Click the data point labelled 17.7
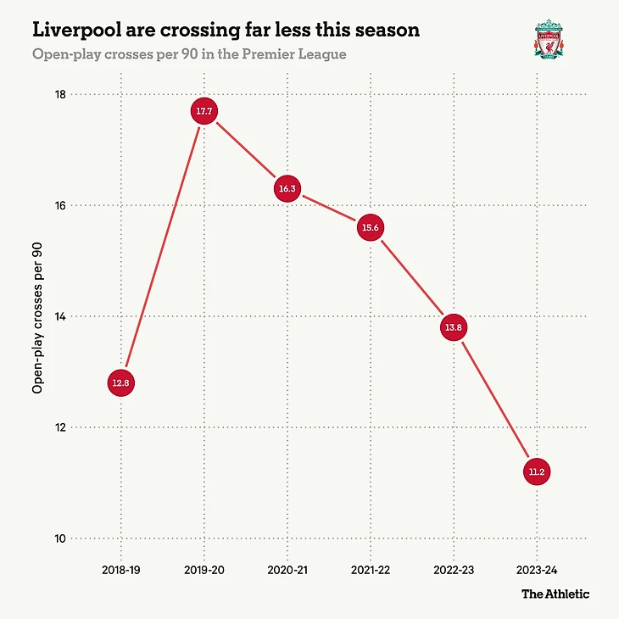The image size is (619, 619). (x=204, y=111)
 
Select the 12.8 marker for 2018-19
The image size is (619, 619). (x=121, y=383)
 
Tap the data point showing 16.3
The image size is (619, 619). (x=287, y=189)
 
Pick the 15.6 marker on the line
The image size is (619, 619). (x=371, y=228)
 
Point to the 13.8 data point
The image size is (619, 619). (x=454, y=327)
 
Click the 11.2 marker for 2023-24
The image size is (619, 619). (x=537, y=471)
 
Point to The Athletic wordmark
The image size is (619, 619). (x=555, y=594)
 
